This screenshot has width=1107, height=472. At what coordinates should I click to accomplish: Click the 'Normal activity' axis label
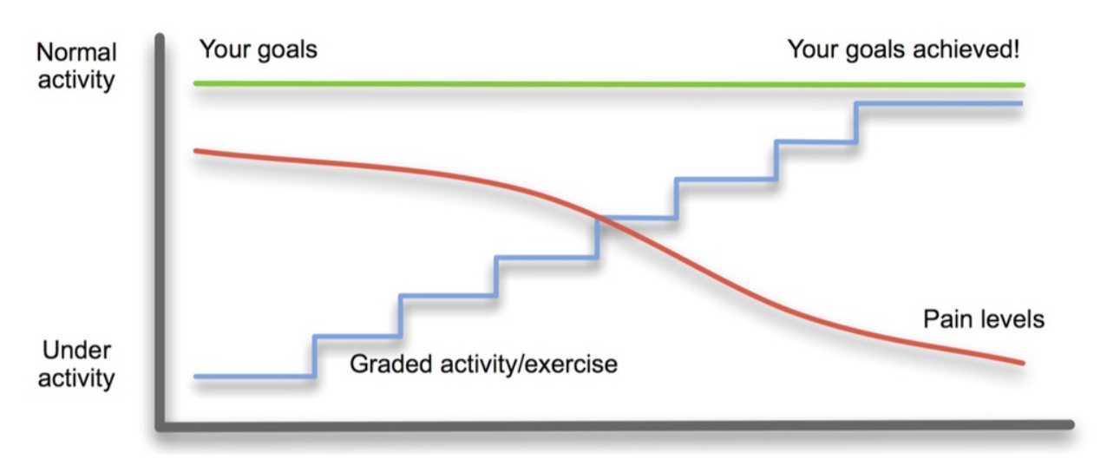(76, 66)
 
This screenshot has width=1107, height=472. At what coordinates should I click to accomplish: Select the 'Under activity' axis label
(76, 364)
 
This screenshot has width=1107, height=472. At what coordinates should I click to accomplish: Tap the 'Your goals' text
(258, 50)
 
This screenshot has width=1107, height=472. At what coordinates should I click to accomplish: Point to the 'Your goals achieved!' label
(903, 50)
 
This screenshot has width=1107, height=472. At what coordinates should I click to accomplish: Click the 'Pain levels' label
(984, 319)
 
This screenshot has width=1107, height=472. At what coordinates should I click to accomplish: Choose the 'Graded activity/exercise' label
(483, 364)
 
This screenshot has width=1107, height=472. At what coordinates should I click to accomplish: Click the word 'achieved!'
(966, 49)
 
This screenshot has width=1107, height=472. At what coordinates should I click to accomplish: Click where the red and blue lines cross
(599, 217)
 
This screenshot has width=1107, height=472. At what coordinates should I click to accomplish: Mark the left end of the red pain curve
(196, 150)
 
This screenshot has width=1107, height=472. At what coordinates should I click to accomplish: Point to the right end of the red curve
(1023, 364)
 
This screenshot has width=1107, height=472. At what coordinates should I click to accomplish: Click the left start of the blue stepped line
(196, 377)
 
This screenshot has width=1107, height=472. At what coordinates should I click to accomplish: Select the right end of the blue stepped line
(1020, 103)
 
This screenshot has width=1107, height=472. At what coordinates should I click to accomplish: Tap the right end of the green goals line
(1023, 85)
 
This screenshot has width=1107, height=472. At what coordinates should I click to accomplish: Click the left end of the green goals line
(196, 83)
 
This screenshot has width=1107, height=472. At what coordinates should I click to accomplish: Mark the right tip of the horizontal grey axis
(1071, 424)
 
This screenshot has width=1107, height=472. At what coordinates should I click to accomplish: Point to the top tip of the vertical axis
(160, 36)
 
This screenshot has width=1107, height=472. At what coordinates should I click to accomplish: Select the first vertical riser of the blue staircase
(314, 357)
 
